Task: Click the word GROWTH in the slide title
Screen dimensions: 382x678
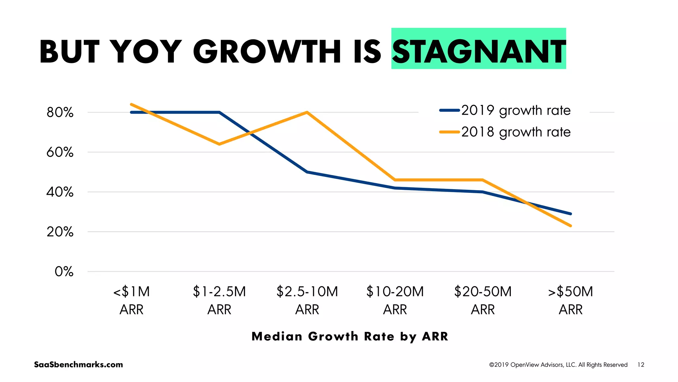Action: [267, 51]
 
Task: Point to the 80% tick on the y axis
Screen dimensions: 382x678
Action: [60, 113]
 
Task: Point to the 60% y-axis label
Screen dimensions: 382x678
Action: [60, 152]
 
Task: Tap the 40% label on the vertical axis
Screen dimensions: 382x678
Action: [60, 192]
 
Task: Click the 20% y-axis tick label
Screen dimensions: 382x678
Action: [60, 232]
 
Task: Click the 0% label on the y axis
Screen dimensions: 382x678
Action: [64, 272]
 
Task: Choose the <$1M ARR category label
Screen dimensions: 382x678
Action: [131, 300]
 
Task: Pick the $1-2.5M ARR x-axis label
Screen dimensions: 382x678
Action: [219, 300]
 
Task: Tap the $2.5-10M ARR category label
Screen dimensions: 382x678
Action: [307, 300]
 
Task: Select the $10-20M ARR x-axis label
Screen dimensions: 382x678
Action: [395, 300]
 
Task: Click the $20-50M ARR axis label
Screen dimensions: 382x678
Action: [483, 300]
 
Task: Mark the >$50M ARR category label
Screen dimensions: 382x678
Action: [570, 300]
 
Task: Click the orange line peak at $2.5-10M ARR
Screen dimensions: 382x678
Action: [307, 112]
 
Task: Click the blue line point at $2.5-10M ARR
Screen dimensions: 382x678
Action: [307, 172]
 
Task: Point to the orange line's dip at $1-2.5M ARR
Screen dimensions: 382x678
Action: [219, 144]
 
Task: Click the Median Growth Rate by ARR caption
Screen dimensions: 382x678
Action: [350, 336]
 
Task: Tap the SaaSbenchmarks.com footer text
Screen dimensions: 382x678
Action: [78, 364]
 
